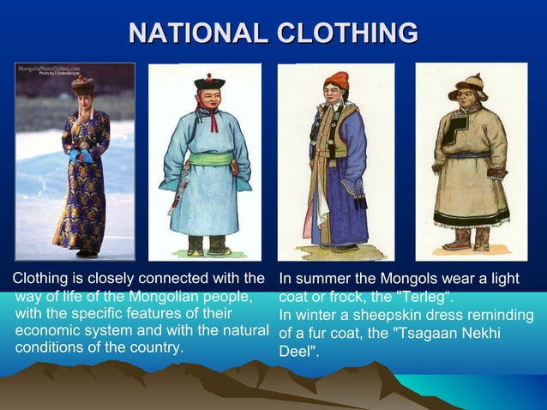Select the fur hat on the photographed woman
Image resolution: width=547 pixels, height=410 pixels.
(x=82, y=85)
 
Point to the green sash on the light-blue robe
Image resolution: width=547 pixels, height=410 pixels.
(x=206, y=159)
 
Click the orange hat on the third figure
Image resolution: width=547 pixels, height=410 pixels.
(x=336, y=81)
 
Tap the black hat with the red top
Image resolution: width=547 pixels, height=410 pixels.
(x=208, y=82)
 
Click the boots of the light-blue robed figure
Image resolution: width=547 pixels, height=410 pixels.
(x=207, y=246)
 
